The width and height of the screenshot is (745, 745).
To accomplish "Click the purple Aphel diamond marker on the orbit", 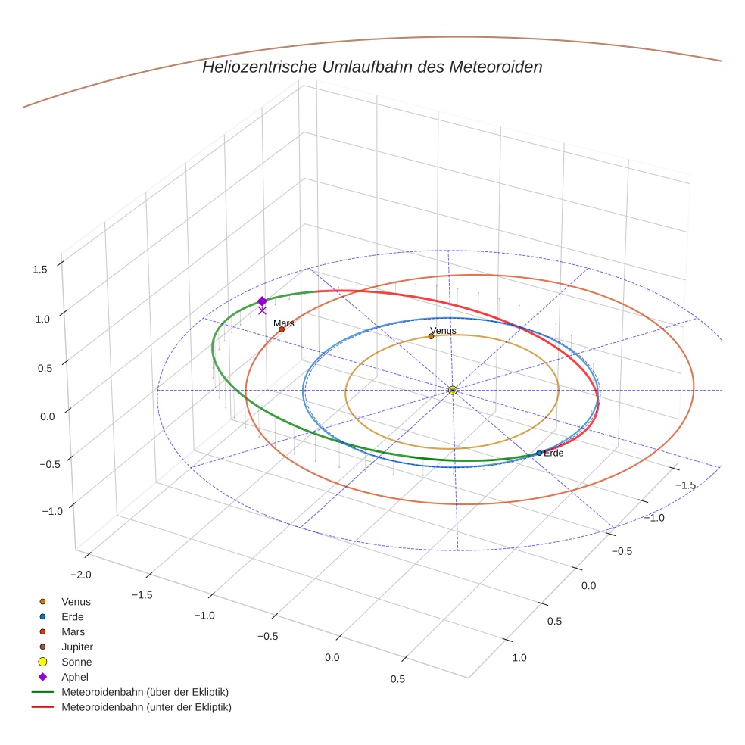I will pyautogui.click(x=262, y=301).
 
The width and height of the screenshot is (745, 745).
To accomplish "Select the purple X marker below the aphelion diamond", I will pyautogui.click(x=262, y=310).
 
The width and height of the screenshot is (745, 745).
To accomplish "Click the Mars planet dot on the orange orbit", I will pyautogui.click(x=282, y=329).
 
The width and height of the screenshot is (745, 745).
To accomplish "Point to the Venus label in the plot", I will pyautogui.click(x=443, y=331).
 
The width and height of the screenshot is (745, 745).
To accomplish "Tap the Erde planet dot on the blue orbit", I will pyautogui.click(x=539, y=453).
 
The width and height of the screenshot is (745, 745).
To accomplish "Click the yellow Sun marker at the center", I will pyautogui.click(x=453, y=390).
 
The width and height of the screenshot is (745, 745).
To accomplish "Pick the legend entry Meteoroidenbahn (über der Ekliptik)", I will pyautogui.click(x=145, y=692).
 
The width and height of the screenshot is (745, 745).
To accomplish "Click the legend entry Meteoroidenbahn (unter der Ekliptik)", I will pyautogui.click(x=146, y=707).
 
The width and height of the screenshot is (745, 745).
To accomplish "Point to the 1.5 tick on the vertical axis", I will pyautogui.click(x=41, y=269).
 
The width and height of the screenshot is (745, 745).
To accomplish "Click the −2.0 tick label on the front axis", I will pyautogui.click(x=79, y=575).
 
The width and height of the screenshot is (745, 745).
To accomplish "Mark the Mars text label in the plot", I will pyautogui.click(x=284, y=323).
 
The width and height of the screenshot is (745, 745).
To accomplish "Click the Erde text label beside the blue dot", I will pyautogui.click(x=553, y=453).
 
